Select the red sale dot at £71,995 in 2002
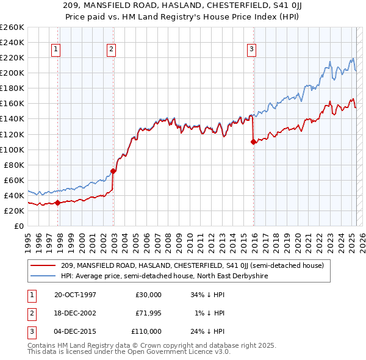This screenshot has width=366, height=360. (x=113, y=171)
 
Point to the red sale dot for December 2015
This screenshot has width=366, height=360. (x=253, y=142)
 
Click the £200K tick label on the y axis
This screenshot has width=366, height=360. (x=12, y=73)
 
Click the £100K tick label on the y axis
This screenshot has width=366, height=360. (x=12, y=149)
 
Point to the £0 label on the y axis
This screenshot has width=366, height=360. (x=20, y=226)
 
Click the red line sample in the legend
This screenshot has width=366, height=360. (x=43, y=265)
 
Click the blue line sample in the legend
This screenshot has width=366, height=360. (x=43, y=276)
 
